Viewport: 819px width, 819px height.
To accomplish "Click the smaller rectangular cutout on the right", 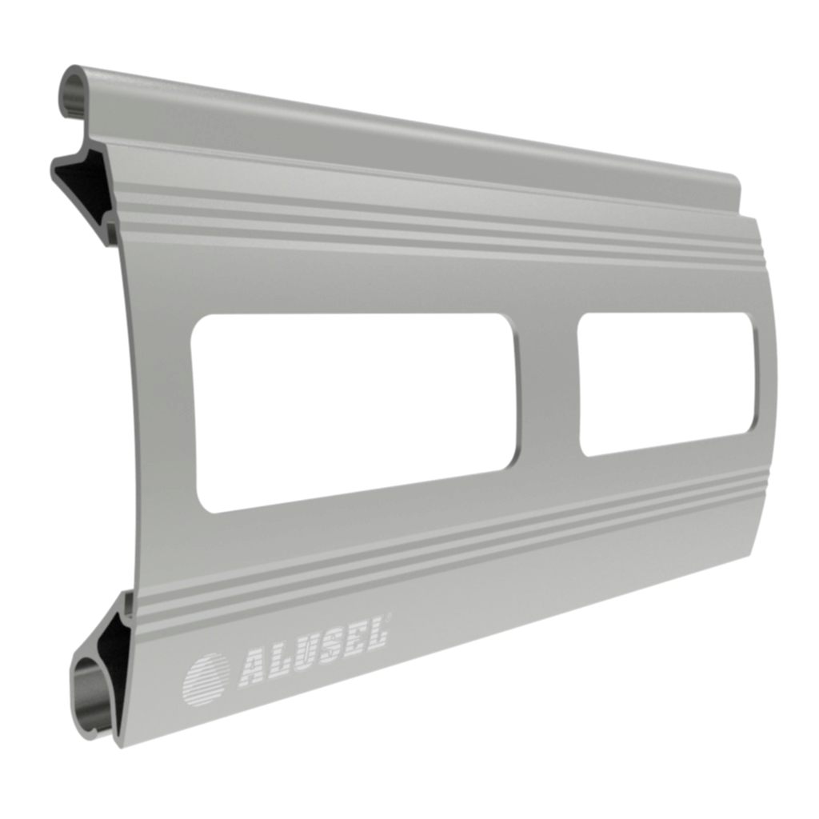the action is [x=666, y=383].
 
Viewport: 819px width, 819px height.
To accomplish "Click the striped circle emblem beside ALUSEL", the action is [x=205, y=679].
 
